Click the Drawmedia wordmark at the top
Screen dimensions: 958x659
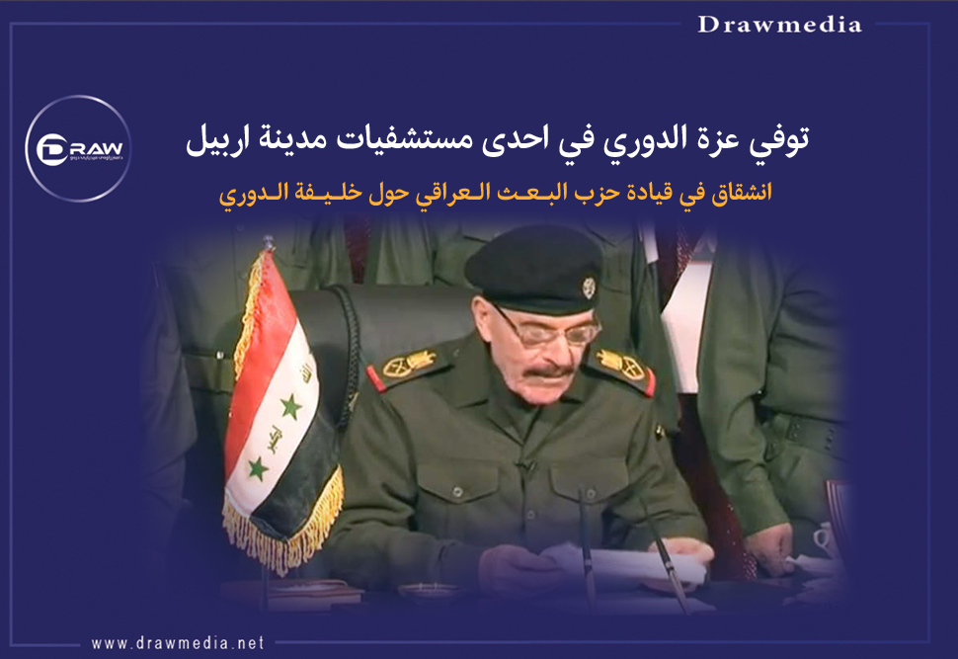coord(779,25)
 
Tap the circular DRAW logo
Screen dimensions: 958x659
coord(78,148)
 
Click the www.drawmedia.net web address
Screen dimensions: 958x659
coord(178,642)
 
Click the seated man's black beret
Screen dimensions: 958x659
coord(533,270)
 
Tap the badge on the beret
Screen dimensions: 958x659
coord(589,287)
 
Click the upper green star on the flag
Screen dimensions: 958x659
coord(290,406)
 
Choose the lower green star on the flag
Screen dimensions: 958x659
coord(257,468)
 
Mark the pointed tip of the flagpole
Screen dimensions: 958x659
coord(267,240)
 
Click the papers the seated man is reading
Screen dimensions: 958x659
coord(623,565)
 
